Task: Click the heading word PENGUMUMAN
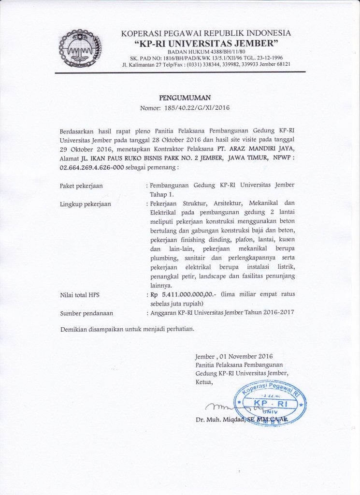tap(185, 98)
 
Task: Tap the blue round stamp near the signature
tap(270, 402)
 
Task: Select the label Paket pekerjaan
tap(81, 186)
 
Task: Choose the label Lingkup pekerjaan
tap(85, 204)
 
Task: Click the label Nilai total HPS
tap(80, 294)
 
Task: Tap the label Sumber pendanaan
tap(84, 313)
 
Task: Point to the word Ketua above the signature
tap(204, 382)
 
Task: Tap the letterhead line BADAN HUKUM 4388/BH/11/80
tap(206, 52)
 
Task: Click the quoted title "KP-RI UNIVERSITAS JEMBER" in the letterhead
tap(206, 44)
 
